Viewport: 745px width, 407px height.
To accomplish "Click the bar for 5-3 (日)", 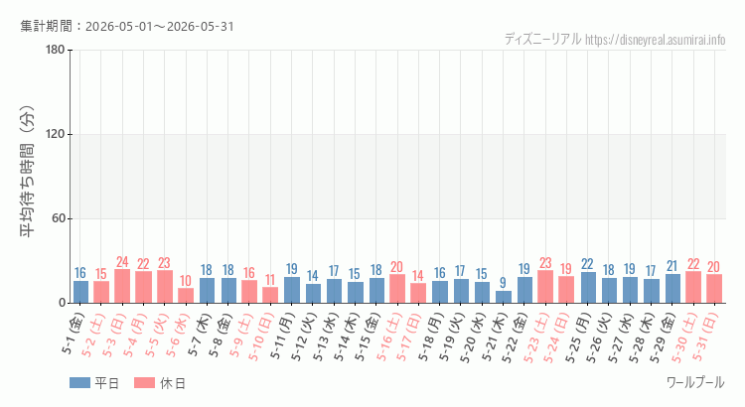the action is tap(122, 286).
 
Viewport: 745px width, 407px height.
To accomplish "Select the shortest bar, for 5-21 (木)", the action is tap(504, 297).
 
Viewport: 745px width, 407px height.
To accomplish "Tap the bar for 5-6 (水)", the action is tap(186, 296).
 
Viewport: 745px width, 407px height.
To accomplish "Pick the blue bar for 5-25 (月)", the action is tap(588, 287).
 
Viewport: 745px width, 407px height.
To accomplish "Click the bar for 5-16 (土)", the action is tap(397, 289).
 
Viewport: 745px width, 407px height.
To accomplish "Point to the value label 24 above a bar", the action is tap(122, 262).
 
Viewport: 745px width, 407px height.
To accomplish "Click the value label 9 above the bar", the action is tap(504, 284).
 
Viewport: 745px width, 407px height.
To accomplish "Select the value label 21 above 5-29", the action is tap(672, 266).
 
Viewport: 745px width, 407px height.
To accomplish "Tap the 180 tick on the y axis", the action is tap(56, 50).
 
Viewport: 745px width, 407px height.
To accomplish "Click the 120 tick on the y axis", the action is tap(56, 134).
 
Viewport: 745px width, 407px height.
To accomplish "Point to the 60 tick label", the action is tap(59, 219).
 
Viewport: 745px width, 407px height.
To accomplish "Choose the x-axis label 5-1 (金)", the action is tap(73, 334).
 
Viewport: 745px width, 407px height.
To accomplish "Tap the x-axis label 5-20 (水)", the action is tap(472, 338).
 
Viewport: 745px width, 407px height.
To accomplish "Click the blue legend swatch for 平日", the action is tap(79, 383).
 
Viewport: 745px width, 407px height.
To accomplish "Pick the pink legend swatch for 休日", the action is tap(144, 383).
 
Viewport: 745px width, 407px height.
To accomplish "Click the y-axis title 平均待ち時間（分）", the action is tap(27, 172).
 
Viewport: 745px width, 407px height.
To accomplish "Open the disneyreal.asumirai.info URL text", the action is tap(656, 40).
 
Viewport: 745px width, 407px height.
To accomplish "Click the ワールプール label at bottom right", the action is tap(695, 382).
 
